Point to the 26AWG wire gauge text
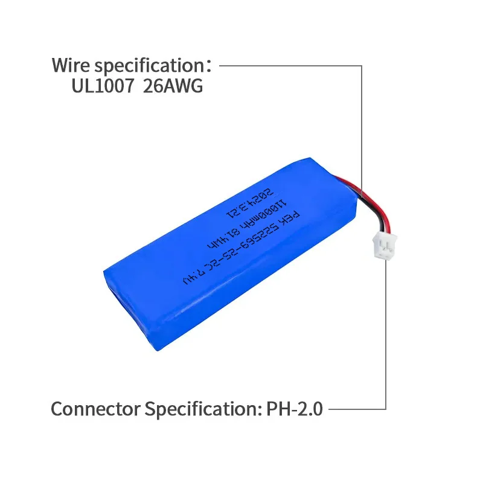pos(173,86)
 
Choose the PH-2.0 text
pos(294,409)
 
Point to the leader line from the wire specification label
pos(290,65)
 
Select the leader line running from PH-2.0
pos(356,409)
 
